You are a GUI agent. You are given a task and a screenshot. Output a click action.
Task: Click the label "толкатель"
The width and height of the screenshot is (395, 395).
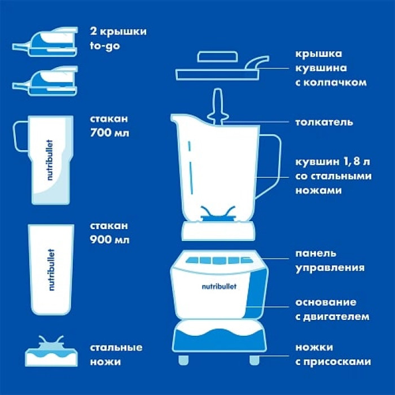point(324,122)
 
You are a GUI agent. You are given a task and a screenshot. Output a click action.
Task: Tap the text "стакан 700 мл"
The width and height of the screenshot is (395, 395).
point(109,126)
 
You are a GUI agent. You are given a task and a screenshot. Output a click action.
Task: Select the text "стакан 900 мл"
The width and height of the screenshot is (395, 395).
point(109,232)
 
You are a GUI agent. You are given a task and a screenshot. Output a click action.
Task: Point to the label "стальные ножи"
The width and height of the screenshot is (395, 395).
point(116,354)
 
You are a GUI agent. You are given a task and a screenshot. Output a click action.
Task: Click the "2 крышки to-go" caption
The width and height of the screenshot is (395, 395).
point(118,38)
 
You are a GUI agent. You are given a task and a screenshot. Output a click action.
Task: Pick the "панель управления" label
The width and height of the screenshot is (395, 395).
point(330,261)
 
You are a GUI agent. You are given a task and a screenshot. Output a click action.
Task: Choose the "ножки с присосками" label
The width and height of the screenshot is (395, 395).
point(333,354)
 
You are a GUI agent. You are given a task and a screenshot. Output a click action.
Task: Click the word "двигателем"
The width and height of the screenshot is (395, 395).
point(336,317)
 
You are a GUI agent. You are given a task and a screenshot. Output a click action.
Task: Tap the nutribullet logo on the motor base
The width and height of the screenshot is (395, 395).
point(219,287)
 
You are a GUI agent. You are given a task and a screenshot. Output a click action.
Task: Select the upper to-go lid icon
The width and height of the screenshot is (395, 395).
point(45,42)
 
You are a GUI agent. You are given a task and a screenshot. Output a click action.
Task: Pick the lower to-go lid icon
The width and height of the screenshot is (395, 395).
point(45,81)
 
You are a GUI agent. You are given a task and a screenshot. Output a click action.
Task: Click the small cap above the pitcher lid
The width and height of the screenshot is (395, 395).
point(217,56)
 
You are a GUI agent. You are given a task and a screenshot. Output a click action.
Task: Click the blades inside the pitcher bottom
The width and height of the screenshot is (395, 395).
point(218,214)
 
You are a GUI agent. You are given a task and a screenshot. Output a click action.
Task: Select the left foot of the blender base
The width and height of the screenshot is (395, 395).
point(183,360)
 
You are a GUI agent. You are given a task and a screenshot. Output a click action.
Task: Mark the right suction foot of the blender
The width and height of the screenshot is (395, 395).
point(254,360)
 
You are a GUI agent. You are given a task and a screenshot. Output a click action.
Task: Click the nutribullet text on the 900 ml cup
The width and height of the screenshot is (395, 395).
point(51,270)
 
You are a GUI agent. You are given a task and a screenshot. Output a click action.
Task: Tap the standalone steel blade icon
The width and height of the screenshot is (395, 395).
point(51,351)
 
